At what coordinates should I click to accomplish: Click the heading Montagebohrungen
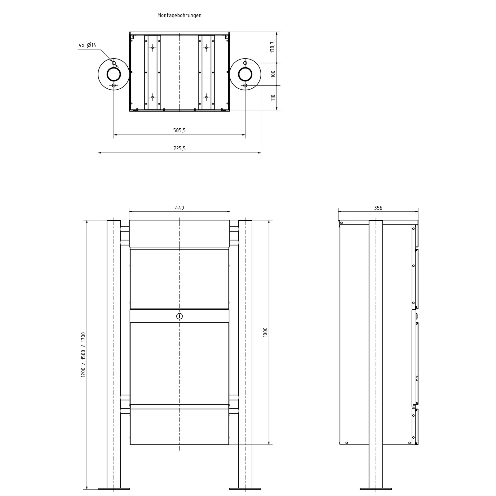[x=179, y=15]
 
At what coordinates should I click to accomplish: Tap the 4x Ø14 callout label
[x=87, y=45]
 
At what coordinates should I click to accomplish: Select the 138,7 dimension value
[x=272, y=47]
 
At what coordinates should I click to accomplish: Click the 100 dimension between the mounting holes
[x=273, y=74]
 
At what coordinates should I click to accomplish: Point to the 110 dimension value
[x=273, y=98]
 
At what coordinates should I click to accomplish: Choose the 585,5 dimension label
[x=179, y=131]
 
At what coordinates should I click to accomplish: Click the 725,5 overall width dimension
[x=179, y=148]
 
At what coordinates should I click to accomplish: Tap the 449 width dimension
[x=179, y=208]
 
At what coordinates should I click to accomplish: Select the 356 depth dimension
[x=378, y=208]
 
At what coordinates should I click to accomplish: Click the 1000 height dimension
[x=265, y=332]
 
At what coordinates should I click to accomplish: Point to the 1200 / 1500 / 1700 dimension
[x=83, y=355]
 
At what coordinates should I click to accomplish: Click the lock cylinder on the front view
[x=179, y=317]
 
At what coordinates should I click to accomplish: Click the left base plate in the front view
[x=113, y=489]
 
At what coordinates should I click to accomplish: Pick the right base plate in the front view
[x=245, y=489]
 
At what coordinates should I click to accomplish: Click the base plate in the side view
[x=375, y=489]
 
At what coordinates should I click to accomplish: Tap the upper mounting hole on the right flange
[x=245, y=63]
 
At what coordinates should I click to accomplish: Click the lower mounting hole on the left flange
[x=114, y=85]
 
